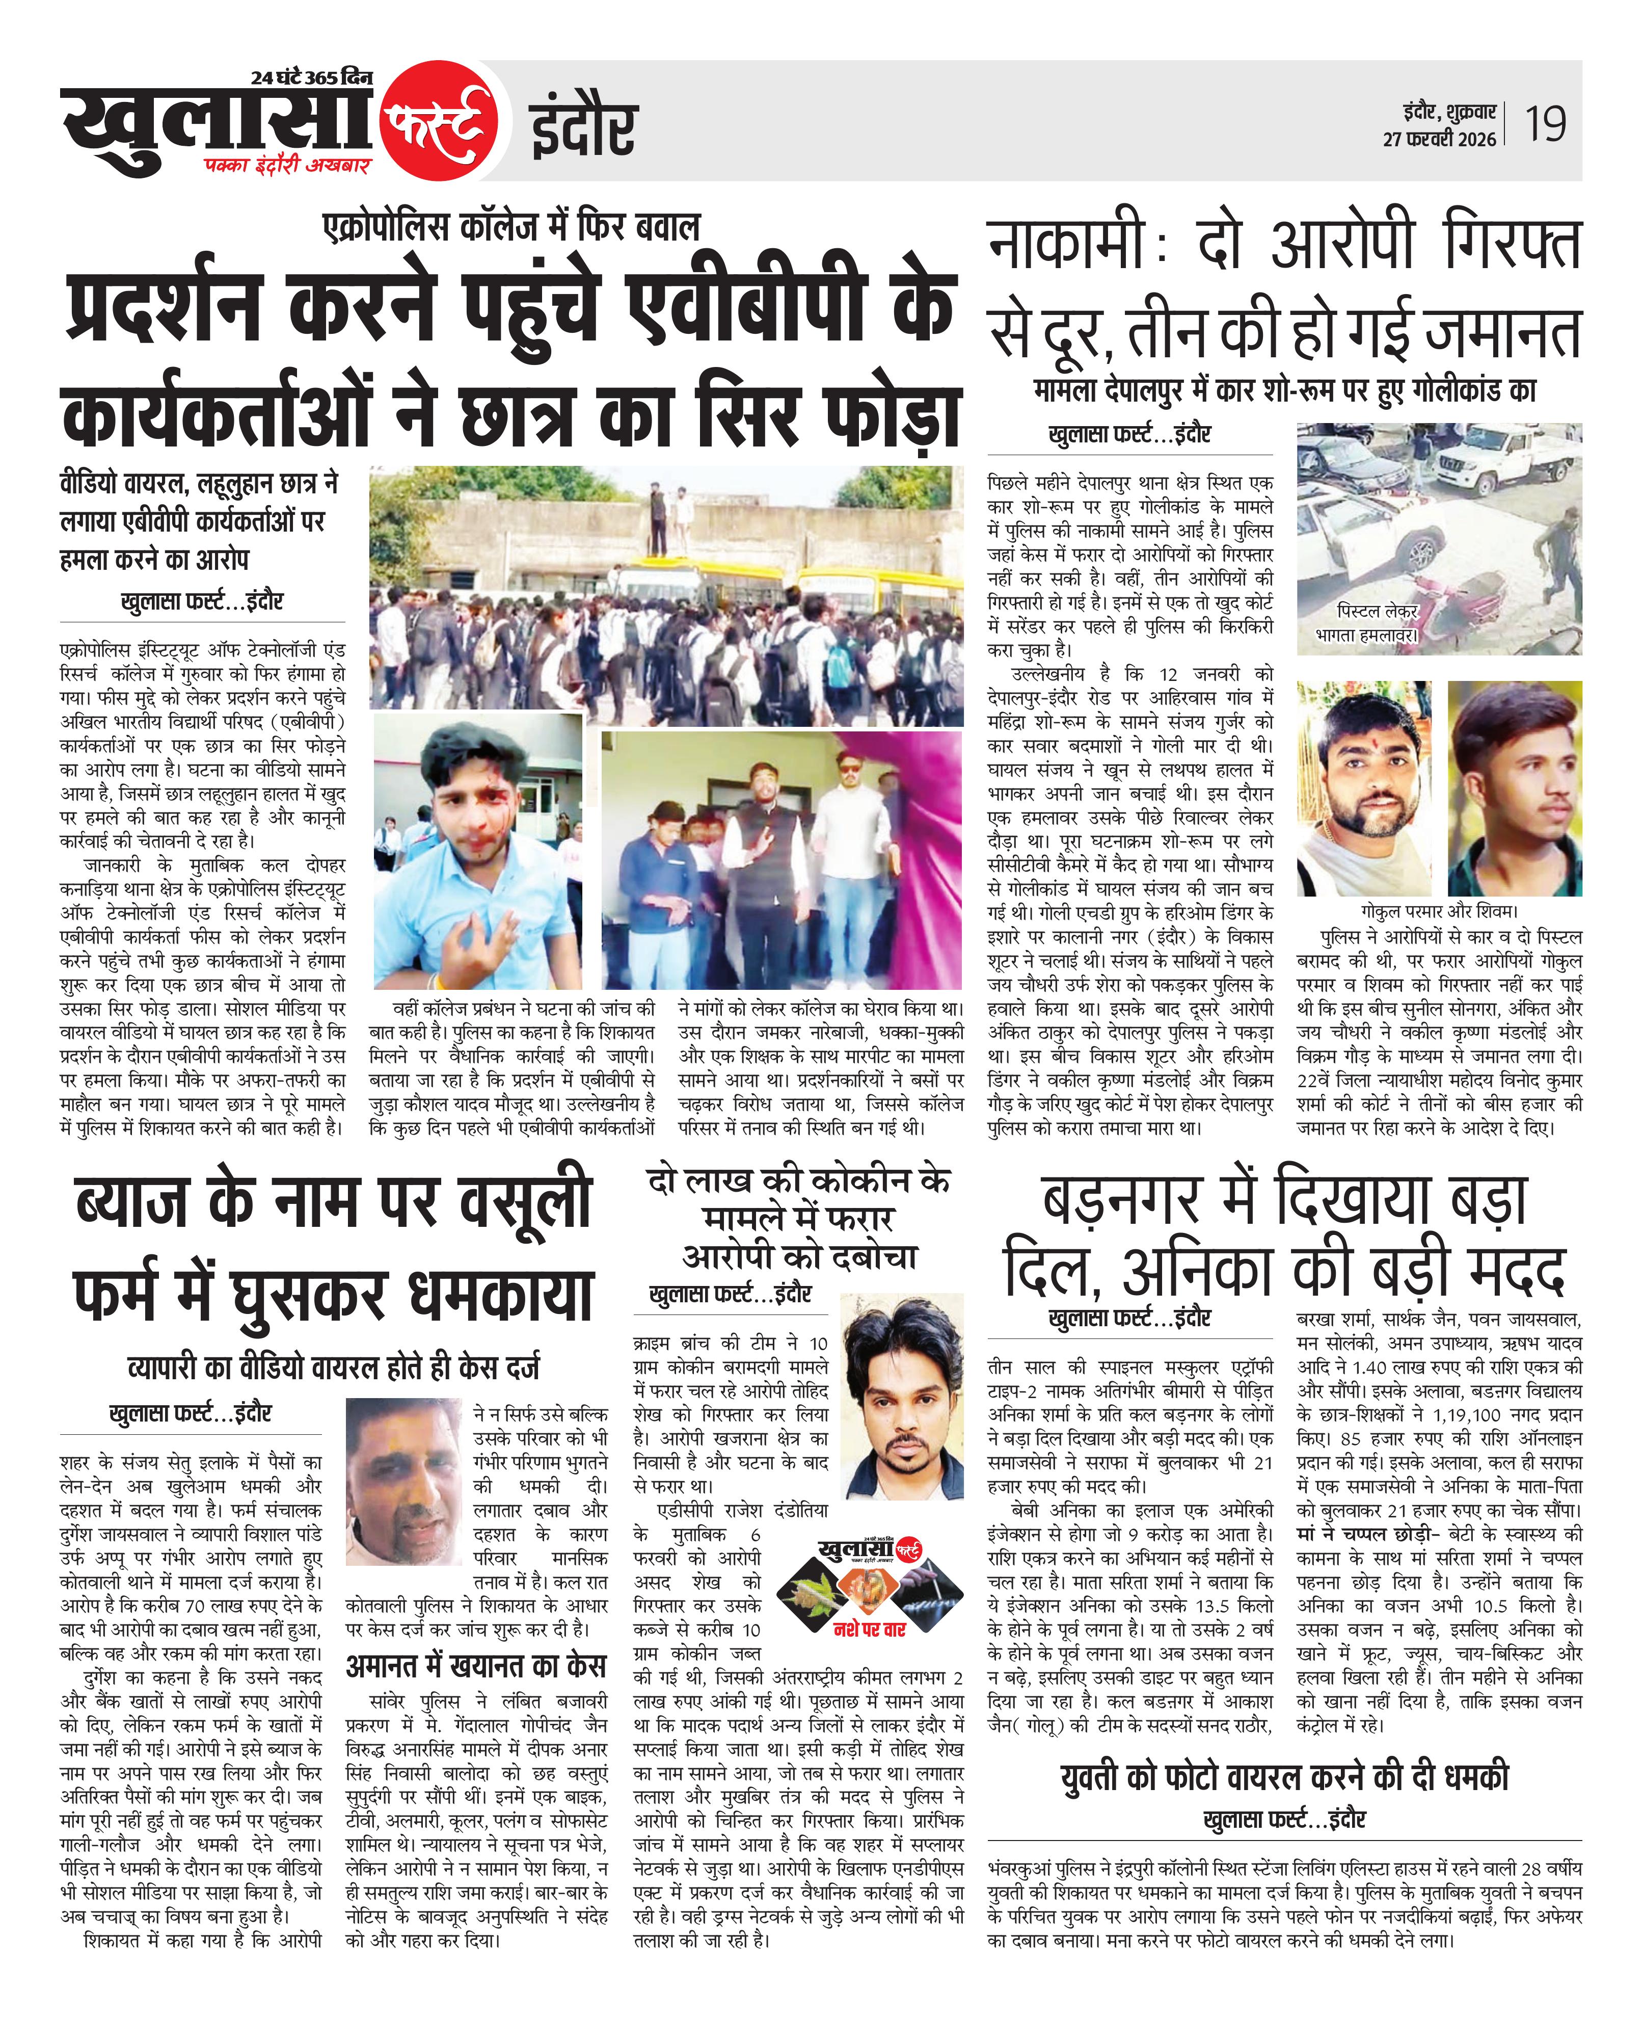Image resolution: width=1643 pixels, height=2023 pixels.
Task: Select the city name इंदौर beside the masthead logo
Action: [x=583, y=129]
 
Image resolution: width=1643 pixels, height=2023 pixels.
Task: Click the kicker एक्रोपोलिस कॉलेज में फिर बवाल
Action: [x=511, y=227]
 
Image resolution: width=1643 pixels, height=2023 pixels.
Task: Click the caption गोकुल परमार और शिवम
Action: [x=1438, y=912]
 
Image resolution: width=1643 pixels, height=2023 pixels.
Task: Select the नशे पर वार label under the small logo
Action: [x=869, y=1629]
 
